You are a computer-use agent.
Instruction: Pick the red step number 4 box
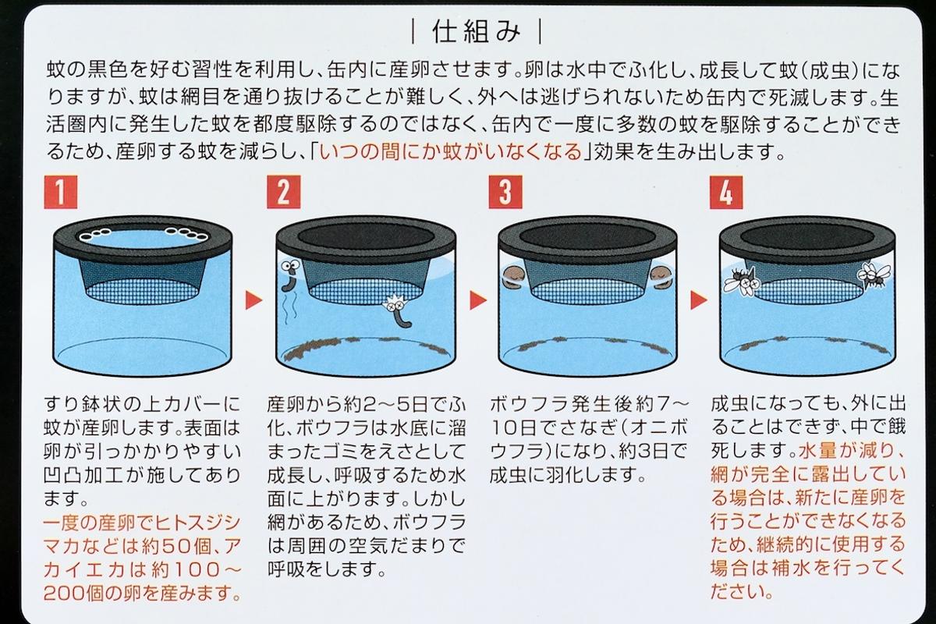pyautogui.click(x=725, y=192)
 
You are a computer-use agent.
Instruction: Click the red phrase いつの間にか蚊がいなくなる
pyautogui.click(x=451, y=151)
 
